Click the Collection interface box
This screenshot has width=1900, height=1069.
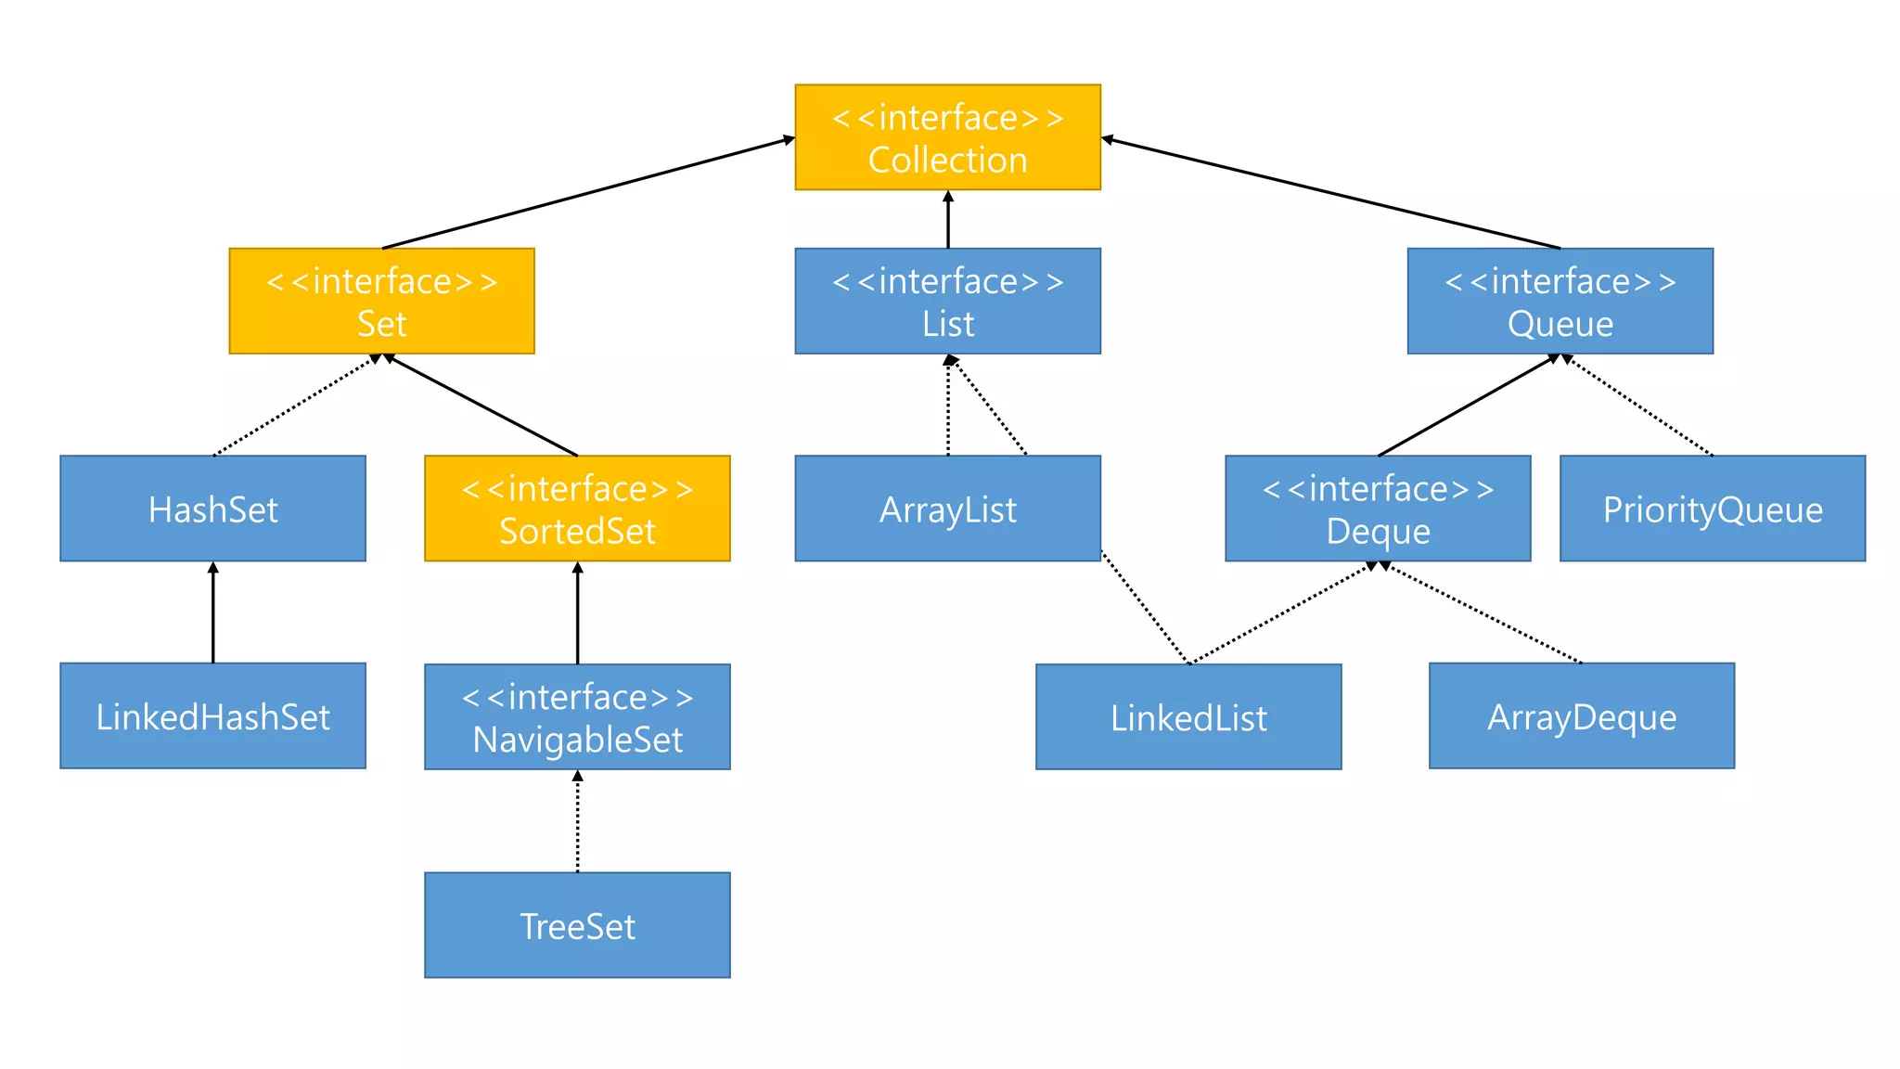click(x=947, y=137)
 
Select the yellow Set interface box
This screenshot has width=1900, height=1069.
click(x=381, y=301)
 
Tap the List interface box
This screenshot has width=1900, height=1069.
click(x=947, y=301)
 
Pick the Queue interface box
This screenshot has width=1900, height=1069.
click(x=1560, y=301)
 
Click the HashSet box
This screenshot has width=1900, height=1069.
click(x=212, y=509)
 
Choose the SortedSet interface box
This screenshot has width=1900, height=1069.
click(x=577, y=509)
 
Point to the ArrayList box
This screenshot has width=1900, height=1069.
click(x=947, y=509)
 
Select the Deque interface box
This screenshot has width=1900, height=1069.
click(x=1378, y=509)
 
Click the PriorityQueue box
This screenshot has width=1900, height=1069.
click(x=1713, y=509)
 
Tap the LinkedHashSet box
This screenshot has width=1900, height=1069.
click(x=212, y=715)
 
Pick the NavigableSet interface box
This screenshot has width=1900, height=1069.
click(x=577, y=716)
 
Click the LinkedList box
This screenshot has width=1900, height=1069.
click(x=1188, y=716)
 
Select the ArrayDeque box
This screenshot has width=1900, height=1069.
click(x=1582, y=715)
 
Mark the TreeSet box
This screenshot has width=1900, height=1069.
click(x=577, y=924)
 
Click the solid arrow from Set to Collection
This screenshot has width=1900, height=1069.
click(x=588, y=193)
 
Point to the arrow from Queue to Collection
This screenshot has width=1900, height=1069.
click(x=1331, y=194)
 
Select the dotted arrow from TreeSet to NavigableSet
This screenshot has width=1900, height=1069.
click(x=577, y=821)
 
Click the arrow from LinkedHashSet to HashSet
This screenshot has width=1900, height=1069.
click(x=212, y=612)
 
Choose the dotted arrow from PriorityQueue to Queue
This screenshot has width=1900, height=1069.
click(x=1637, y=406)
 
